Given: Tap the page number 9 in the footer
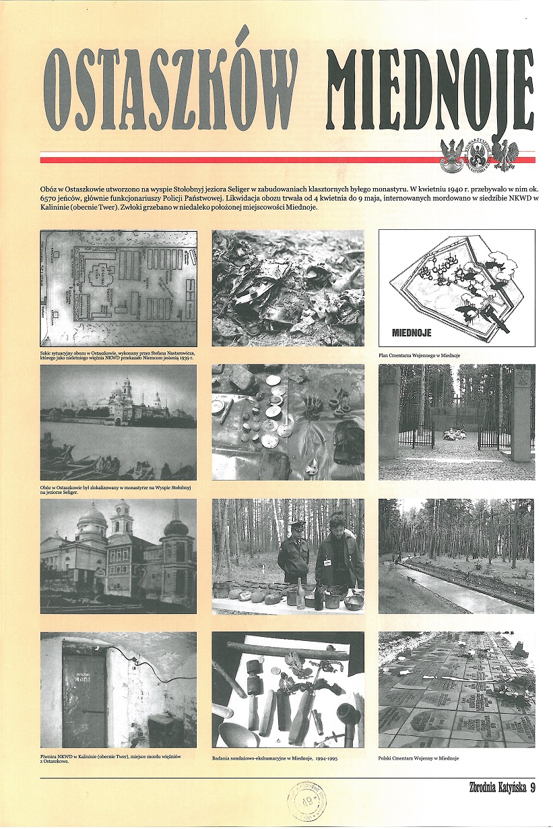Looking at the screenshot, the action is coord(532,787).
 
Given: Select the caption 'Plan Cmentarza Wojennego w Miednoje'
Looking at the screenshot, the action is coord(422,355).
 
